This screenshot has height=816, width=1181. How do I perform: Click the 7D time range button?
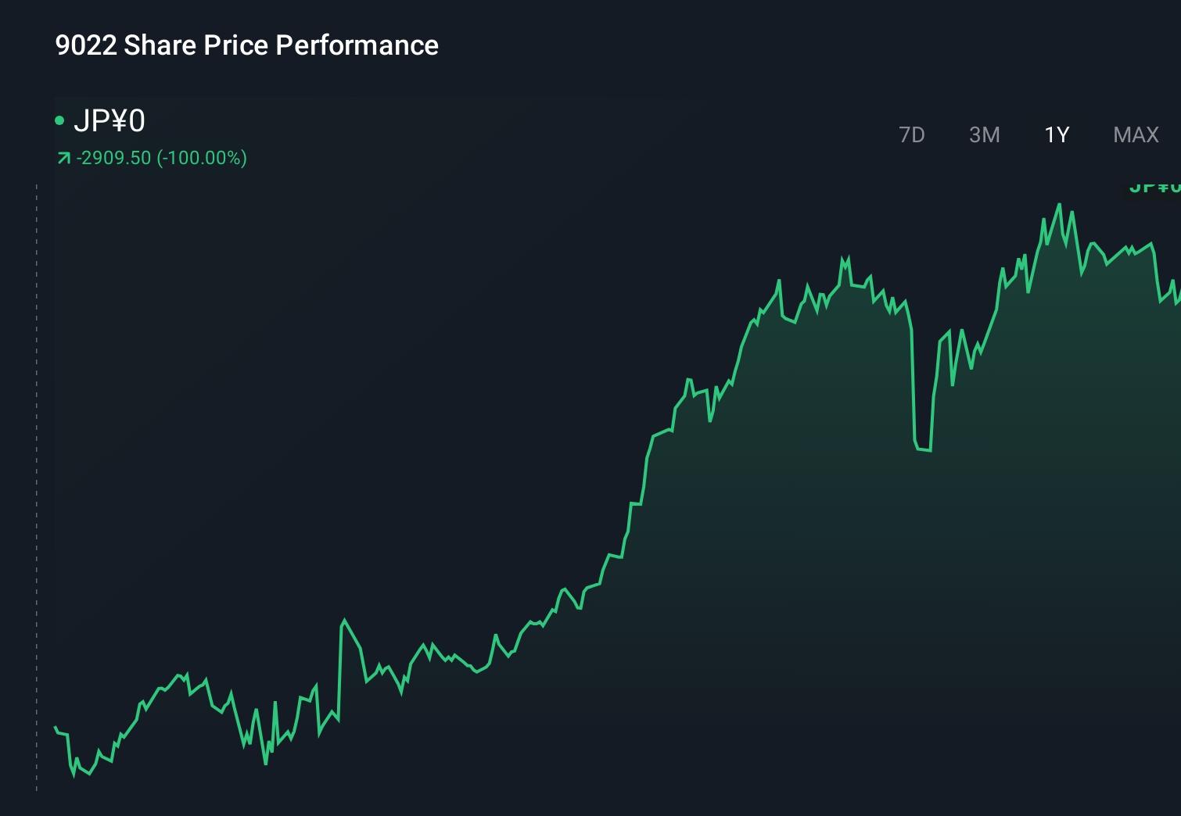[911, 135]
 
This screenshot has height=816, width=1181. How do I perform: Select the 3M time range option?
[984, 135]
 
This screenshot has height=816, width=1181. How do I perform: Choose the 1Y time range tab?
[1057, 135]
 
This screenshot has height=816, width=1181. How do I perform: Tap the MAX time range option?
[1136, 135]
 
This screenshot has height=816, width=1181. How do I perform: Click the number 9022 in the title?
[85, 45]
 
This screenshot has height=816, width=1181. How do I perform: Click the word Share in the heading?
[160, 45]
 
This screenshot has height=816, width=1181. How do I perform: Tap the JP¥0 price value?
[109, 121]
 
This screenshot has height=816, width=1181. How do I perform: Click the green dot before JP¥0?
[59, 120]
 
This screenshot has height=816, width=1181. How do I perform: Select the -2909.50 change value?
[113, 158]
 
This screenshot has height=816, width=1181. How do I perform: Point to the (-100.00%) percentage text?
[202, 158]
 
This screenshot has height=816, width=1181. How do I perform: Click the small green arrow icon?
[63, 159]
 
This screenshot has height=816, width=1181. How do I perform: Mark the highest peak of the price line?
[1060, 205]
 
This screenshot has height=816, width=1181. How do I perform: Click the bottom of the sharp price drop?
[923, 449]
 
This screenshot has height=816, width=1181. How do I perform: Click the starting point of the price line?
[55, 727]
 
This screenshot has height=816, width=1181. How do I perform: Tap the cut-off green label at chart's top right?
[1154, 188]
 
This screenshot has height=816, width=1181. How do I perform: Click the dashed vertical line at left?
[37, 485]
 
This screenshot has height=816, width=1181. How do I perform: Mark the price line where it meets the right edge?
[1178, 302]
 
